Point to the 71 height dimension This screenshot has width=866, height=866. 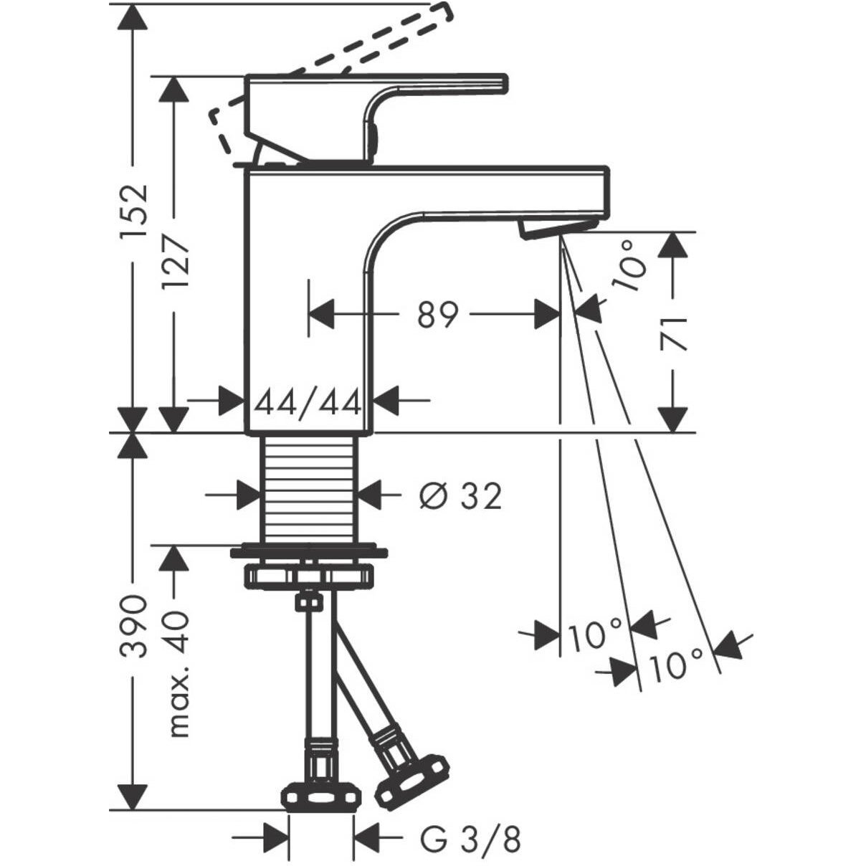(x=675, y=334)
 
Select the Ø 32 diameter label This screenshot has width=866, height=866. (x=460, y=495)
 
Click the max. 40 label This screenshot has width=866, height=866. (x=176, y=674)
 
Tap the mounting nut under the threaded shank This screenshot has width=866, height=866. (x=309, y=575)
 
